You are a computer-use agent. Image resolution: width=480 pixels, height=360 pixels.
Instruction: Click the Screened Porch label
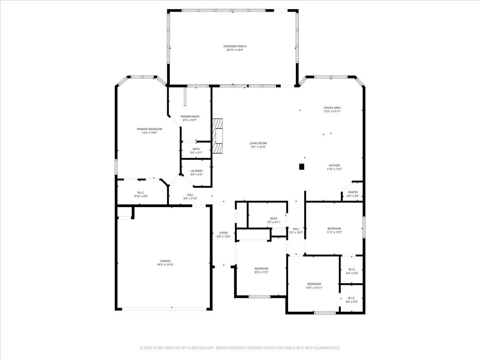coord(235,46)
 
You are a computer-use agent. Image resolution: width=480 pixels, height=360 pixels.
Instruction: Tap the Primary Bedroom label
coord(150,129)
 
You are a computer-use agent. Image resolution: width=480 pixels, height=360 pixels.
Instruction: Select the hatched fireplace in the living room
coord(218,136)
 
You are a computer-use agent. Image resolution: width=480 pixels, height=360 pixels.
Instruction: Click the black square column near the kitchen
coord(302,166)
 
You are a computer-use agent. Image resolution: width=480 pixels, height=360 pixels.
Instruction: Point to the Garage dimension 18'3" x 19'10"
coord(165,264)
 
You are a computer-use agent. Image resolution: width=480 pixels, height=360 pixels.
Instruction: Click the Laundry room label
coord(196,171)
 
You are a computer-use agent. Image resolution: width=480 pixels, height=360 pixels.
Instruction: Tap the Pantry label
coord(353,192)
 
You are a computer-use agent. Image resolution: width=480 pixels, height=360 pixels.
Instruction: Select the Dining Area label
coord(332,108)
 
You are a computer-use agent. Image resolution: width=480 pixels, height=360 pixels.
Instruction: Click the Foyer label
coord(224,233)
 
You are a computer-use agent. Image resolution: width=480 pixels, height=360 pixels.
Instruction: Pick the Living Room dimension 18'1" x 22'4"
coord(258,147)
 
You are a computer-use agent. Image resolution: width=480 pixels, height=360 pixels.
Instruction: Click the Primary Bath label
coord(190,116)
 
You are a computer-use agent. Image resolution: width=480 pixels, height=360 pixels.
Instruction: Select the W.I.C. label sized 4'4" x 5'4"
coord(351,270)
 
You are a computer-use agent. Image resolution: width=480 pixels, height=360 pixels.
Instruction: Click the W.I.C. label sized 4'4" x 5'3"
coord(351,298)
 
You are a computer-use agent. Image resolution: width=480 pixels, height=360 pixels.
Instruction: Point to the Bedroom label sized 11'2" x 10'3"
coord(334,228)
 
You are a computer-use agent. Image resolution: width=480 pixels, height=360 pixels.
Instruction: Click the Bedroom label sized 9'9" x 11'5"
coord(261,268)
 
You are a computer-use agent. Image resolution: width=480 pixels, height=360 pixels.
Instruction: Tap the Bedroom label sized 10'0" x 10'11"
coord(314,284)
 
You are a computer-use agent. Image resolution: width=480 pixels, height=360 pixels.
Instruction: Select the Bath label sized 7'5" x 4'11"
coord(274,218)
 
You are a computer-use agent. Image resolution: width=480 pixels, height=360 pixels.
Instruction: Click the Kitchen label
coord(334,165)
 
